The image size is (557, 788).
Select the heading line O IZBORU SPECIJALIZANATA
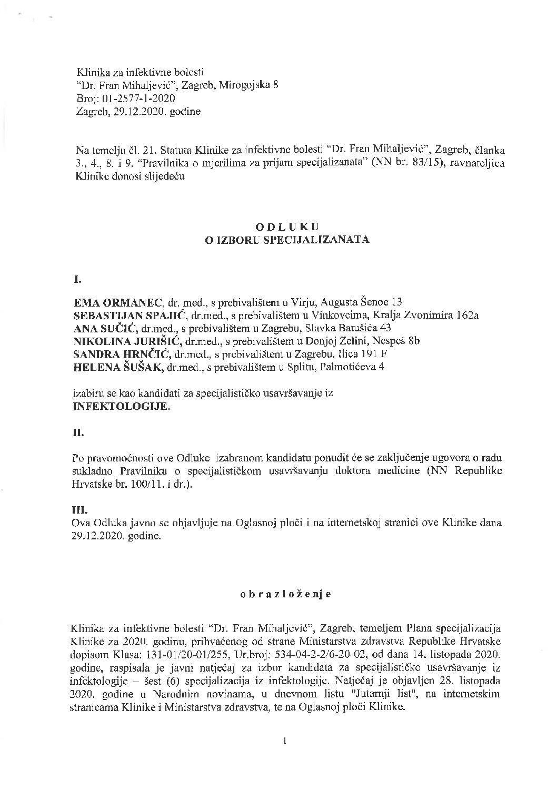tap(287, 240)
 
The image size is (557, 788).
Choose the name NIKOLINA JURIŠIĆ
tap(126, 341)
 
